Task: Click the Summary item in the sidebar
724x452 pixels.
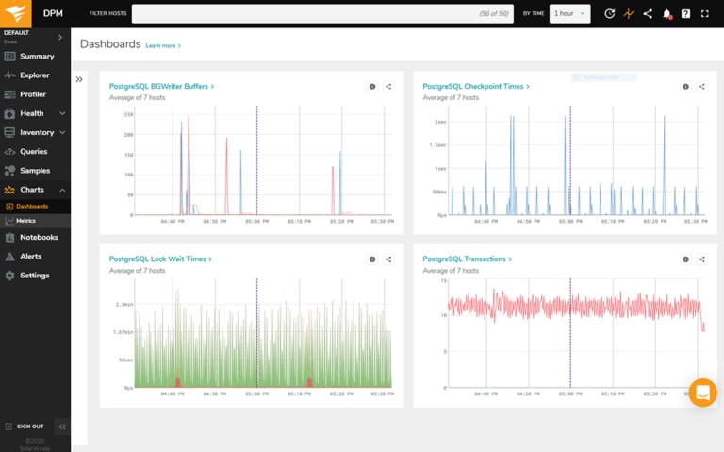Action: (x=37, y=57)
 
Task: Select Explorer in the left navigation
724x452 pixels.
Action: (x=35, y=75)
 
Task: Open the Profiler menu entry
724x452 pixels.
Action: (x=33, y=94)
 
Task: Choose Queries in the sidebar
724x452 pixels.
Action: (x=33, y=152)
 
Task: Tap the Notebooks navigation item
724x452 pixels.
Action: (x=39, y=238)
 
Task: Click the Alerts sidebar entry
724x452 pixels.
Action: (x=31, y=257)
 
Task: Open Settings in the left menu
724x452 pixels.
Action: (x=34, y=276)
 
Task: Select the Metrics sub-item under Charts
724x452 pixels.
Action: (x=25, y=221)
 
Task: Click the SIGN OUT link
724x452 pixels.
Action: (x=29, y=427)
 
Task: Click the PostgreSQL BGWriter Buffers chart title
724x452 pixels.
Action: (x=159, y=87)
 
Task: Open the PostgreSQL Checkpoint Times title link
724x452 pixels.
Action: (x=473, y=87)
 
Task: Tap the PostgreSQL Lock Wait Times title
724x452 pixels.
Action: (x=157, y=259)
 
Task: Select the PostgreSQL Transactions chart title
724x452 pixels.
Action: (x=465, y=259)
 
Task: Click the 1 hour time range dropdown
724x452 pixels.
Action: (x=569, y=14)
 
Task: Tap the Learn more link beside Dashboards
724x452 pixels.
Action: (x=161, y=45)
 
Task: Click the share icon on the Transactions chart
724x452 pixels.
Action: (x=702, y=259)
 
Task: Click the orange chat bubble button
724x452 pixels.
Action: (x=702, y=393)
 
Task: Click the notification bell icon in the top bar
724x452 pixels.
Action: (x=666, y=14)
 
